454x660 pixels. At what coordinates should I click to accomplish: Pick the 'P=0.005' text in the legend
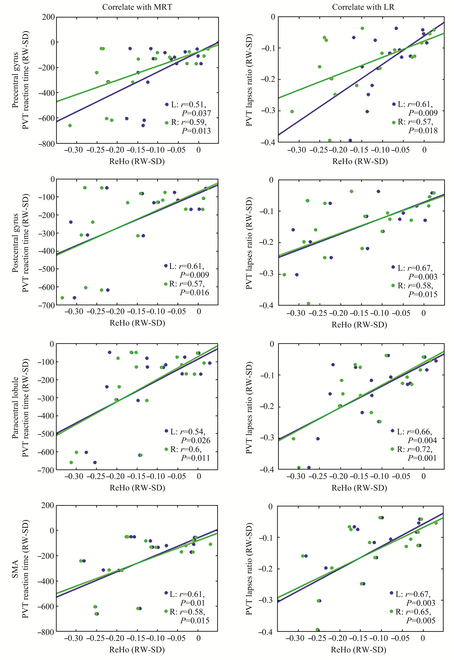pos(421,620)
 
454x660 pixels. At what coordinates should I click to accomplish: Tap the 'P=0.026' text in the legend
pos(196,440)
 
